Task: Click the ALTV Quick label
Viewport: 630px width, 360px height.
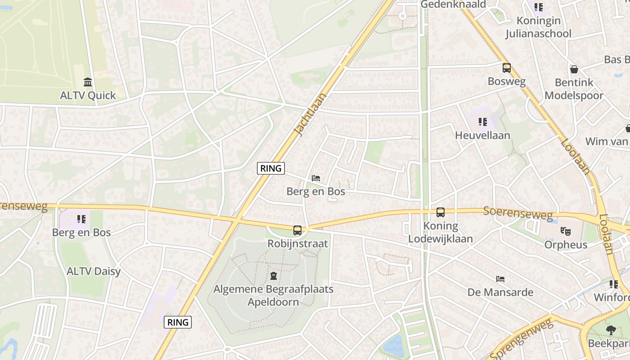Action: click(x=88, y=95)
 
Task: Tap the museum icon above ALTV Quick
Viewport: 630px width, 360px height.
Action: click(x=88, y=82)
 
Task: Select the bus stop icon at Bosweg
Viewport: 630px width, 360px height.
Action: click(x=507, y=68)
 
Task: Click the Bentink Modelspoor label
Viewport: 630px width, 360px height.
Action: click(x=574, y=89)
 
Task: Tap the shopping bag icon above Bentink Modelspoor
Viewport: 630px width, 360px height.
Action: click(x=574, y=69)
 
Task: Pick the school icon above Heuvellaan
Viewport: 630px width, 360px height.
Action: click(x=483, y=121)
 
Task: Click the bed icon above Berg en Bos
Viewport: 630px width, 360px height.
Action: click(x=316, y=178)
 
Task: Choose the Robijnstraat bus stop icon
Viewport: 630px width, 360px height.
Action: click(x=297, y=230)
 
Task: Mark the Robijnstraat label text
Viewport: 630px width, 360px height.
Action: click(x=297, y=244)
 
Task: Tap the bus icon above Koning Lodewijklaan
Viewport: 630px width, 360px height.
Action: click(x=441, y=212)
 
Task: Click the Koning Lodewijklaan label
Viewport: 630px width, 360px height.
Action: click(x=441, y=232)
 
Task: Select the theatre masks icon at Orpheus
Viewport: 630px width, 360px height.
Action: click(x=566, y=231)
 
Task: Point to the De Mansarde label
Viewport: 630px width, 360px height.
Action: click(x=500, y=292)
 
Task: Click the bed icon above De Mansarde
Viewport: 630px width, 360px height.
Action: click(x=500, y=279)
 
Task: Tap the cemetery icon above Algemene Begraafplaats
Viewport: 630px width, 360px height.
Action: click(x=273, y=275)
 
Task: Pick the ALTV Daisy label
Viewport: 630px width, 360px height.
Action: click(x=94, y=271)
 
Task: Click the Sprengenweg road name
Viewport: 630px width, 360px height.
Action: click(x=520, y=338)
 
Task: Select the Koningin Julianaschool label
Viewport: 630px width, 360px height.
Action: click(x=538, y=27)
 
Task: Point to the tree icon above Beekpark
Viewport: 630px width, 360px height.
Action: click(x=611, y=330)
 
